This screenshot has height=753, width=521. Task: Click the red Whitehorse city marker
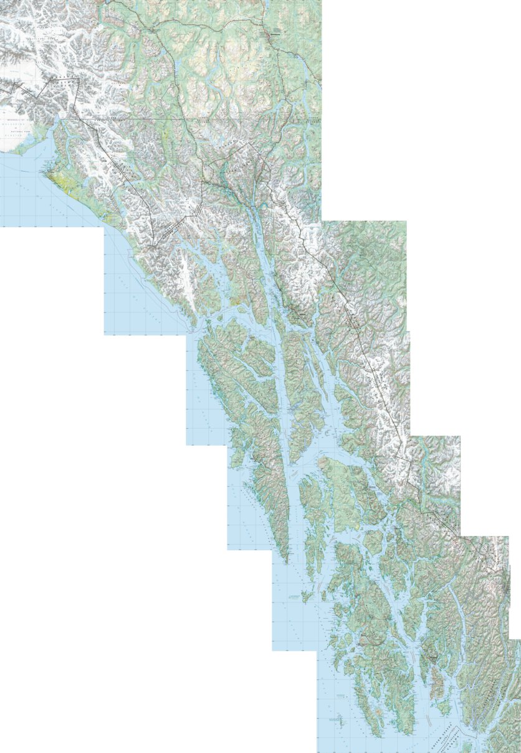pyautogui.click(x=270, y=35)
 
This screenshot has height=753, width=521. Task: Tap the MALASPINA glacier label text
pyautogui.click(x=19, y=124)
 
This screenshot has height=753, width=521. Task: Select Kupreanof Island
pyautogui.click(x=349, y=492)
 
